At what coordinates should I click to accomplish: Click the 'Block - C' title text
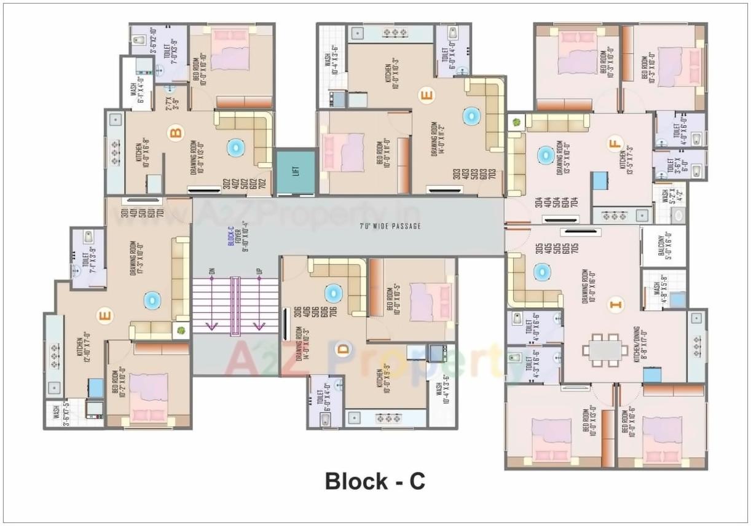point(375,481)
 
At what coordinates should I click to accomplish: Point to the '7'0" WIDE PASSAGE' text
point(390,226)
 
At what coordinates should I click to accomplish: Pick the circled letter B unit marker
point(176,133)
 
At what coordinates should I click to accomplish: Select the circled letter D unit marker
point(342,349)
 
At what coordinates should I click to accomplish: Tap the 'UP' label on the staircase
point(259,270)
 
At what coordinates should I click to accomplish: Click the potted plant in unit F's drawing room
point(516,122)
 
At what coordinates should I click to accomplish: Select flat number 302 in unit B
point(227,184)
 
